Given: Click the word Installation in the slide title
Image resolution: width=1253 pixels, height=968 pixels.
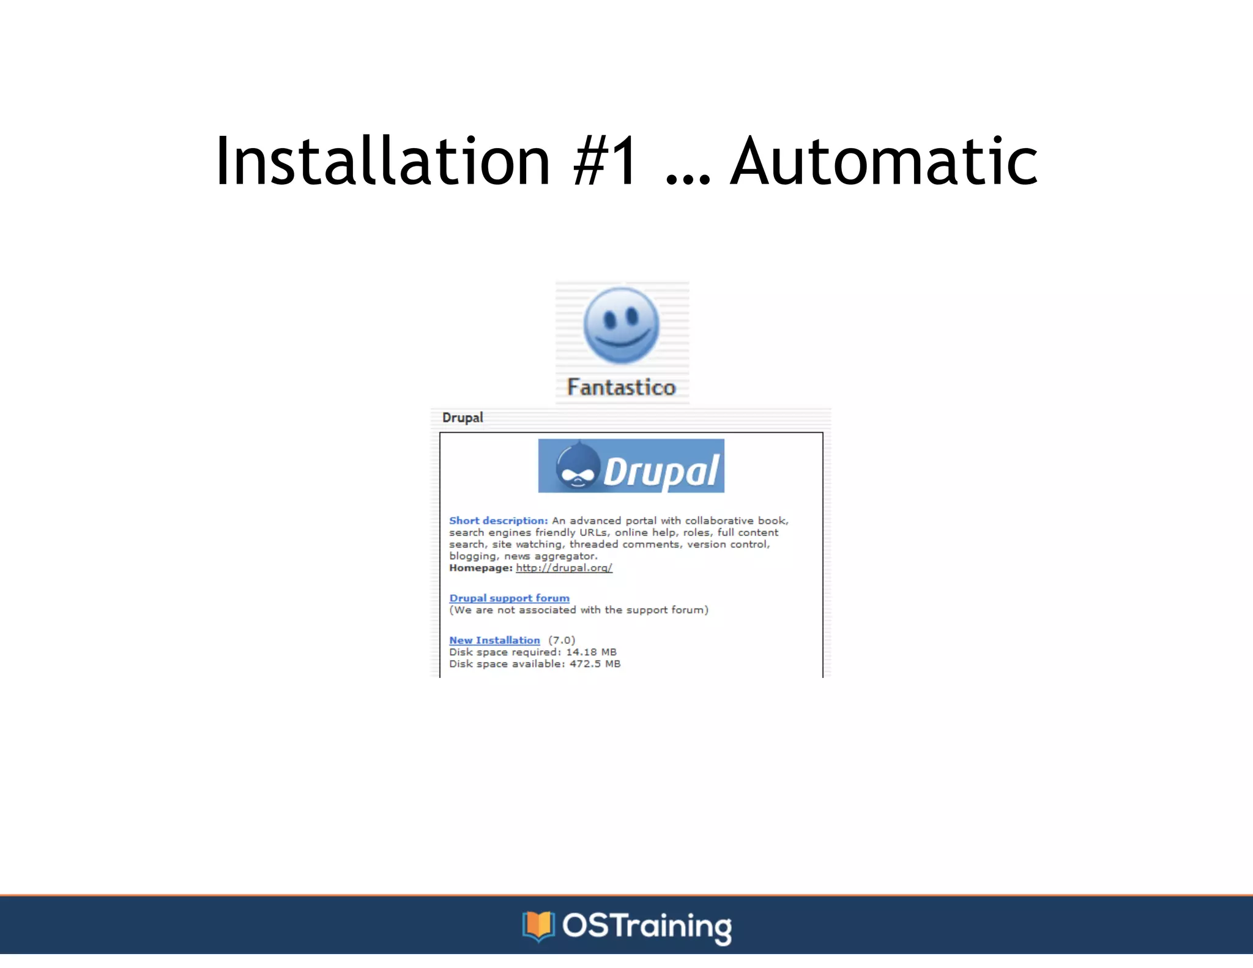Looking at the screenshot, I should [x=383, y=161].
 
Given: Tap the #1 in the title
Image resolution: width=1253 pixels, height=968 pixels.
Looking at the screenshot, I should [x=606, y=161].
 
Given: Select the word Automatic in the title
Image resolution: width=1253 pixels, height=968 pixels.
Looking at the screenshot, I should [x=884, y=161].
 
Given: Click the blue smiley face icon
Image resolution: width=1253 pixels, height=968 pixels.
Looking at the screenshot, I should [x=621, y=326].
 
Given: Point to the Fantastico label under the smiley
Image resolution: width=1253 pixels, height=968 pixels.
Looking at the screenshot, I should [x=621, y=387].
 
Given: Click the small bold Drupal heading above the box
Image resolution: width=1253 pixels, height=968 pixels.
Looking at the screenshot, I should [x=463, y=417].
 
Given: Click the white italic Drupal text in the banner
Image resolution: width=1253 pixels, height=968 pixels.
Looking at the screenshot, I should [x=661, y=471].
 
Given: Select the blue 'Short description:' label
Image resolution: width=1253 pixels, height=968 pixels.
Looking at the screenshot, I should [x=498, y=521].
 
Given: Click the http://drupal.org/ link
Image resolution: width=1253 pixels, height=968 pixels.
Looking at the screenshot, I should [x=563, y=568].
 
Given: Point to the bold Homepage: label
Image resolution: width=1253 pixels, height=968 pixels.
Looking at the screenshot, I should [x=480, y=568].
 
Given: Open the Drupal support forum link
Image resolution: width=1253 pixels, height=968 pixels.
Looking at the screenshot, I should [x=509, y=598].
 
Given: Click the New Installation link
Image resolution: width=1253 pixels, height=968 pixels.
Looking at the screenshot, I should [x=494, y=640].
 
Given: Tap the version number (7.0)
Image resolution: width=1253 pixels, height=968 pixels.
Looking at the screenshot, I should [x=562, y=640].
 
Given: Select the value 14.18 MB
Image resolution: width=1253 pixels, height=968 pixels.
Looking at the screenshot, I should [x=591, y=652].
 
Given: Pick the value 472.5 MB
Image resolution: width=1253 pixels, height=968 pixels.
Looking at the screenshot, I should [x=595, y=664].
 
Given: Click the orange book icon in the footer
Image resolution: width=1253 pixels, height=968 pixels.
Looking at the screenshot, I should [x=538, y=926].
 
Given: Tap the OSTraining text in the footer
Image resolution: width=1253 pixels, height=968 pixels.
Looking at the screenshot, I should [x=647, y=926].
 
